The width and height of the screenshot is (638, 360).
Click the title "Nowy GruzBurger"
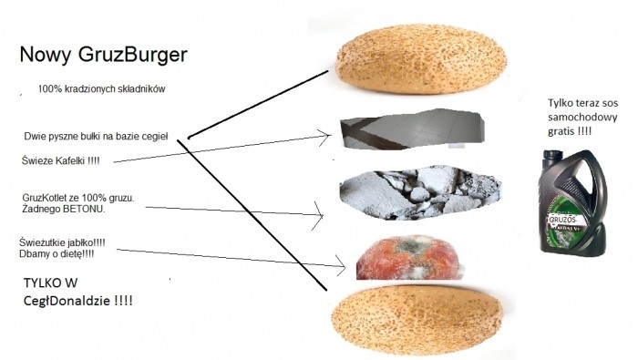(103, 55)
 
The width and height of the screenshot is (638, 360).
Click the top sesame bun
(421, 59)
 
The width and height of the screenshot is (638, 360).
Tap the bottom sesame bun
(417, 320)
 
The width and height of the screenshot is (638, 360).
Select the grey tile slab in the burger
(413, 129)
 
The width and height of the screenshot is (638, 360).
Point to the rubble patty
(420, 192)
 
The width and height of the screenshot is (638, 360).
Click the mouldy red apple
(409, 258)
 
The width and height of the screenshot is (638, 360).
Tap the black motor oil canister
(573, 202)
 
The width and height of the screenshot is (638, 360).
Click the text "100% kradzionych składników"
(102, 89)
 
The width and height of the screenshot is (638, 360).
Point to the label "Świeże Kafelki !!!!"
(61, 160)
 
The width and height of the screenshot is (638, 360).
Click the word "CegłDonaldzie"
(67, 301)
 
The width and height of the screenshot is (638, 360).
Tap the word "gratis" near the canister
(561, 131)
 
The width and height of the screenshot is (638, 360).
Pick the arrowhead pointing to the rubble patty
(319, 216)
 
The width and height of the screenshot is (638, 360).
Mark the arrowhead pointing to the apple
(341, 266)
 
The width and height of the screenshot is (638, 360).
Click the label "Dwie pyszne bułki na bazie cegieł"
(96, 137)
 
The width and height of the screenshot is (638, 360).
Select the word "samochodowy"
(582, 118)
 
